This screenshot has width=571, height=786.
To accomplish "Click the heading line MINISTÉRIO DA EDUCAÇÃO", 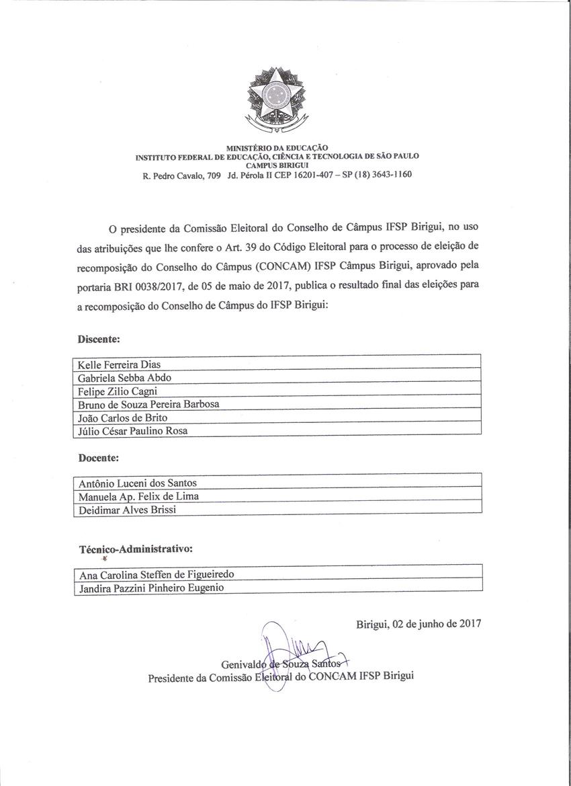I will coord(277,147).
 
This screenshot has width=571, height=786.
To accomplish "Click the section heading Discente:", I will coord(99,340).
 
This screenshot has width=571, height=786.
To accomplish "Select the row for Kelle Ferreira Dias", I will coord(120,364).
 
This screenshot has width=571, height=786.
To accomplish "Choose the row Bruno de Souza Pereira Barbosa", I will coord(148,404).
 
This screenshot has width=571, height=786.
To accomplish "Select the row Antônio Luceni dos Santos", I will coord(138,483).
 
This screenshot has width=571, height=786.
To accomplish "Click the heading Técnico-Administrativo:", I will coord(136,549).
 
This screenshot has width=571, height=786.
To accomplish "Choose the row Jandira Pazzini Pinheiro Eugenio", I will coord(151,588).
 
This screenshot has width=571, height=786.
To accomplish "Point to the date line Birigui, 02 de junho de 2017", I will coord(419,623).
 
